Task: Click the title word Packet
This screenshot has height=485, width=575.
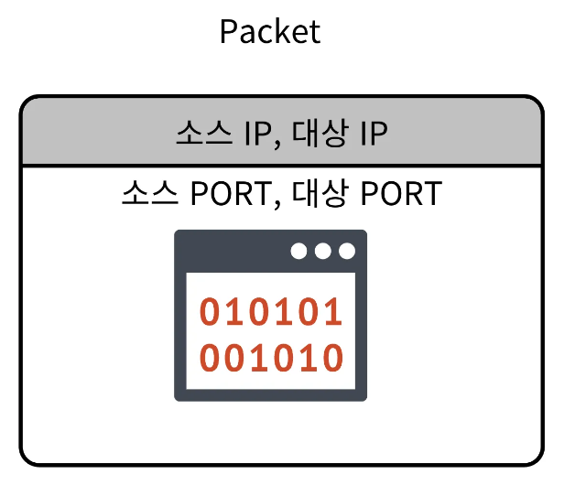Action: pos(270,32)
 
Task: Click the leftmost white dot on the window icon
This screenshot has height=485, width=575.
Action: pos(299,251)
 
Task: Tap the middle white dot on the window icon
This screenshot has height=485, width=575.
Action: pos(322,251)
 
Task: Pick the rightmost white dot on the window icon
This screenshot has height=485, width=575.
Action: pos(346,251)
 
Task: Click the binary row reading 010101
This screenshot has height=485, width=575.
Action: pos(271,312)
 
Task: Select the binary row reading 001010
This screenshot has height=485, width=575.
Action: pos(271,358)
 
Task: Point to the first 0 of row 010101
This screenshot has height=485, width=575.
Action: pos(211,312)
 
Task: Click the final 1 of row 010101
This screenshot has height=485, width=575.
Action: pos(333,312)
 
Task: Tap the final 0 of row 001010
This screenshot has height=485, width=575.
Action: pos(333,358)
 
